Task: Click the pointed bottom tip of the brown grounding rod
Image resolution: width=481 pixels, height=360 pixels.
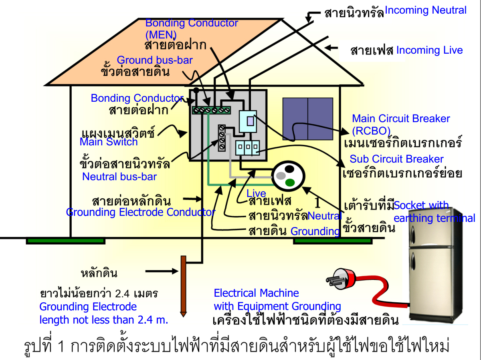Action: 183,316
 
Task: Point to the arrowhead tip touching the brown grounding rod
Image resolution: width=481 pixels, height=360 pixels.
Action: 178,272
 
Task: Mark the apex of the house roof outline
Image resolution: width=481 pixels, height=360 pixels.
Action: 282,19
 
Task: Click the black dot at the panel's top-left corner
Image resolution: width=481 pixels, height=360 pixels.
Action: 196,90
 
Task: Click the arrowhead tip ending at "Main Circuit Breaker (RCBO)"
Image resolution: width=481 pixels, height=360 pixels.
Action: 349,133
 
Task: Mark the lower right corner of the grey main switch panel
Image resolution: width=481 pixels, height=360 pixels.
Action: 267,161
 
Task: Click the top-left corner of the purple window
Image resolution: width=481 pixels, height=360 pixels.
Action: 283,98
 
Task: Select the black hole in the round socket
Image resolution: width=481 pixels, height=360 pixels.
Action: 289,169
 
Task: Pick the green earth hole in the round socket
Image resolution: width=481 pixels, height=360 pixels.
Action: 290,182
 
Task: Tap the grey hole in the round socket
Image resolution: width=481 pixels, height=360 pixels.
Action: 281,175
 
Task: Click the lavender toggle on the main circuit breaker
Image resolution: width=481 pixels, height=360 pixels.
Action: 250,121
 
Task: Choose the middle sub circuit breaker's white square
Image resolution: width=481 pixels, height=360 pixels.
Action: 248,147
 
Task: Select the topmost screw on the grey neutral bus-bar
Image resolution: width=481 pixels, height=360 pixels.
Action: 222,128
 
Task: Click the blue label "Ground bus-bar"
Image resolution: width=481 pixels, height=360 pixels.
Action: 155,60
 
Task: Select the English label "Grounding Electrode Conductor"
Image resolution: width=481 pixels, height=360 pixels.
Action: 141,212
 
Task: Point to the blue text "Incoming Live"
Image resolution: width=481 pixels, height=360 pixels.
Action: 430,50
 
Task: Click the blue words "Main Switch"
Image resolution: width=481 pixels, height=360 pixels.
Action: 109,142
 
